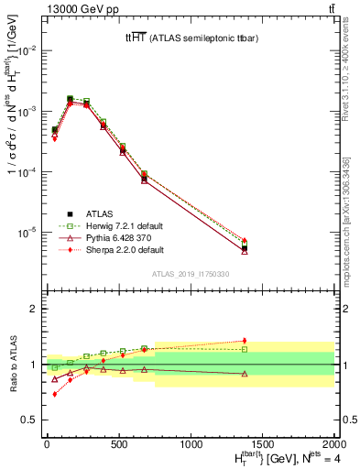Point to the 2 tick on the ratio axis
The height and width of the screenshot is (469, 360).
(36, 309)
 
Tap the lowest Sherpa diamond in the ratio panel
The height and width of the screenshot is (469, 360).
(54, 394)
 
